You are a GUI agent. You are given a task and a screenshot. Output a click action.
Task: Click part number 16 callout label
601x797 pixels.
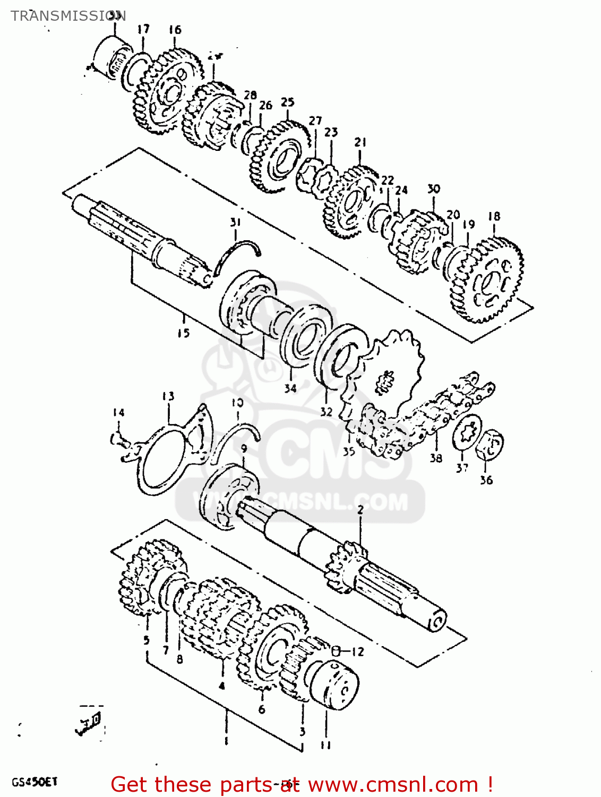click(x=175, y=30)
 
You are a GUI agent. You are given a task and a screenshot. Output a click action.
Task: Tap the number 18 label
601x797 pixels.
click(x=494, y=216)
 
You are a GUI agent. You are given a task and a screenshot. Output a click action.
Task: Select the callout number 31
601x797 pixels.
click(x=235, y=222)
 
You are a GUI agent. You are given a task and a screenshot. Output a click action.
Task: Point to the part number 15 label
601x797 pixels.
click(x=183, y=333)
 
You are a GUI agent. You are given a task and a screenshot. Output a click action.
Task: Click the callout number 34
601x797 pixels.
click(x=290, y=388)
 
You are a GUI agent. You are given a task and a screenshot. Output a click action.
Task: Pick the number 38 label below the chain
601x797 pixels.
click(x=436, y=457)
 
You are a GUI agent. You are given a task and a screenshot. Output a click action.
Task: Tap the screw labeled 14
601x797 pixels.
click(x=119, y=439)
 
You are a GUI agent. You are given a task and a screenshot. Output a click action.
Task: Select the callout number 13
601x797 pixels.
click(x=168, y=396)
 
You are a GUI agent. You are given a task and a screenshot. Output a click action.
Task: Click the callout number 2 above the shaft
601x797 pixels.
click(x=360, y=510)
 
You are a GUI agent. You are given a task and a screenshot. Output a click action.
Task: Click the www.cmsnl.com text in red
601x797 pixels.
click(x=393, y=784)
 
